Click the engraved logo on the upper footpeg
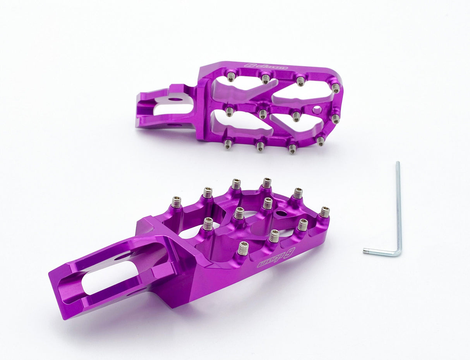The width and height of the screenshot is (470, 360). [266, 66]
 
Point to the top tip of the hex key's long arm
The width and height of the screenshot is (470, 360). [397, 163]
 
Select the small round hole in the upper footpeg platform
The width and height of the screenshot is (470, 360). [317, 110]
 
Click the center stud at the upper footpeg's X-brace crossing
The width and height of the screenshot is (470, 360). [263, 114]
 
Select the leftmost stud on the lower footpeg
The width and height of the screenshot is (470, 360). [176, 202]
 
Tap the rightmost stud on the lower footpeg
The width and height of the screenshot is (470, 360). [325, 212]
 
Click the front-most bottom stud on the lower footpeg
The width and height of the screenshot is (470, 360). [243, 248]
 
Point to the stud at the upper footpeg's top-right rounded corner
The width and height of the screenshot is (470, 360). [336, 88]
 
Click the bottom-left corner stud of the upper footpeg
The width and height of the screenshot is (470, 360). [228, 144]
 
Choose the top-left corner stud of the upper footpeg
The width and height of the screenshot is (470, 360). [231, 77]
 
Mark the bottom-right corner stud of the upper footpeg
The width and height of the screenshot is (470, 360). [321, 141]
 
